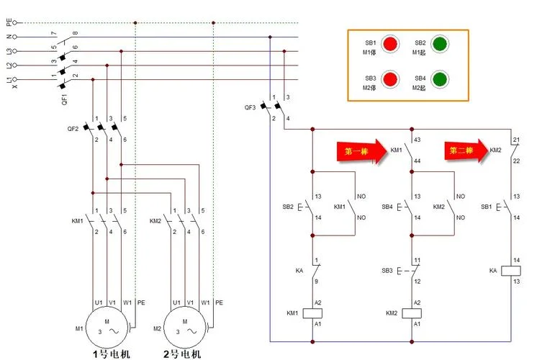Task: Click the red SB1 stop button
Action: [x=390, y=44]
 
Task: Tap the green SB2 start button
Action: [x=440, y=44]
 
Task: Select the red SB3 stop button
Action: [x=390, y=79]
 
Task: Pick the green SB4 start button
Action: [x=440, y=79]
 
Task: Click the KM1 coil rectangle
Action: [x=312, y=313]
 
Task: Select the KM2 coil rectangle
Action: [x=412, y=313]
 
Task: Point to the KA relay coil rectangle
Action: [x=511, y=271]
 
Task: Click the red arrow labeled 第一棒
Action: [x=362, y=151]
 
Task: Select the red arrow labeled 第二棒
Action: [x=466, y=150]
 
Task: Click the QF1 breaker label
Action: [x=64, y=99]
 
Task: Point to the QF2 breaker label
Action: [x=73, y=129]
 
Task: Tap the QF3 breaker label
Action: [x=250, y=107]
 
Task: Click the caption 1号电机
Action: [x=112, y=354]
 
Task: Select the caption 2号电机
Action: [x=182, y=354]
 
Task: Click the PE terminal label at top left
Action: [x=9, y=22]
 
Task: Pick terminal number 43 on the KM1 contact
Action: [x=417, y=140]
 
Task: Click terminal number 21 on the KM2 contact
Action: [x=516, y=140]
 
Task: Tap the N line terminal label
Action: [x=9, y=37]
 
